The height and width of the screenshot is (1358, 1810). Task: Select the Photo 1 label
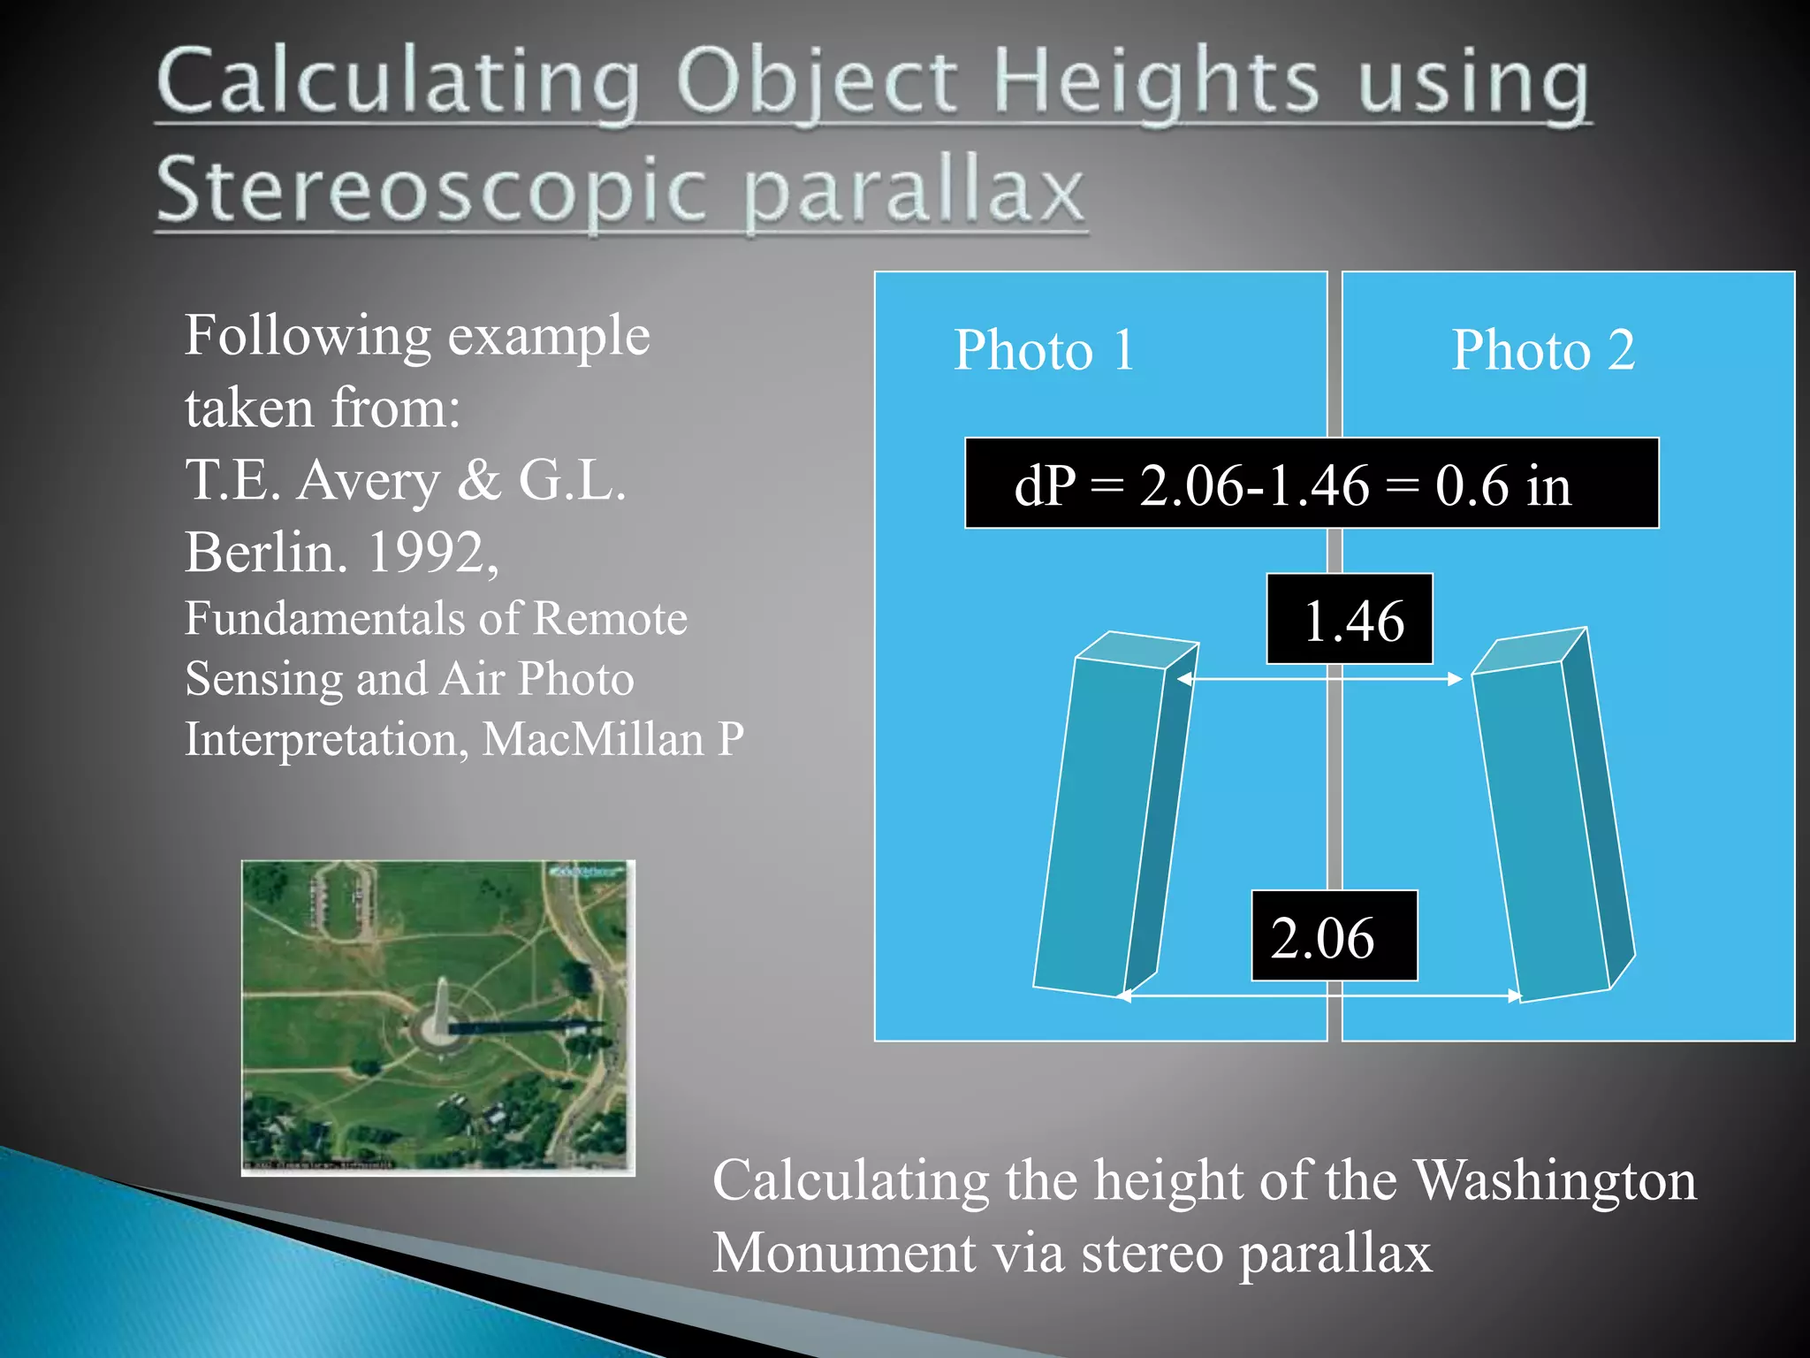point(1044,350)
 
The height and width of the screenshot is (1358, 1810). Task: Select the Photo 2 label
point(1543,350)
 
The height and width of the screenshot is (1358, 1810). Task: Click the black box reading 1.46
point(1350,619)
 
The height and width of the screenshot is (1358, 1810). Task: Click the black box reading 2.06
point(1334,935)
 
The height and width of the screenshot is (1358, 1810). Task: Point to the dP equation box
point(1311,484)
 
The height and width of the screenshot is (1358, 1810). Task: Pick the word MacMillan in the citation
point(593,739)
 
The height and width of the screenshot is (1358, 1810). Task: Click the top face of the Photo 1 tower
point(1137,650)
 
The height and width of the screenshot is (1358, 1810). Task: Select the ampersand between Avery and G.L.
point(479,482)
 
